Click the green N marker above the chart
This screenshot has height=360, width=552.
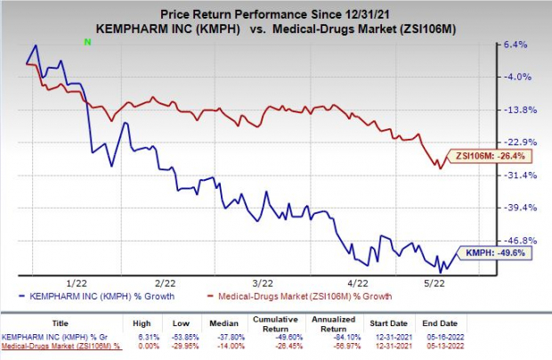[x=86, y=42]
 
